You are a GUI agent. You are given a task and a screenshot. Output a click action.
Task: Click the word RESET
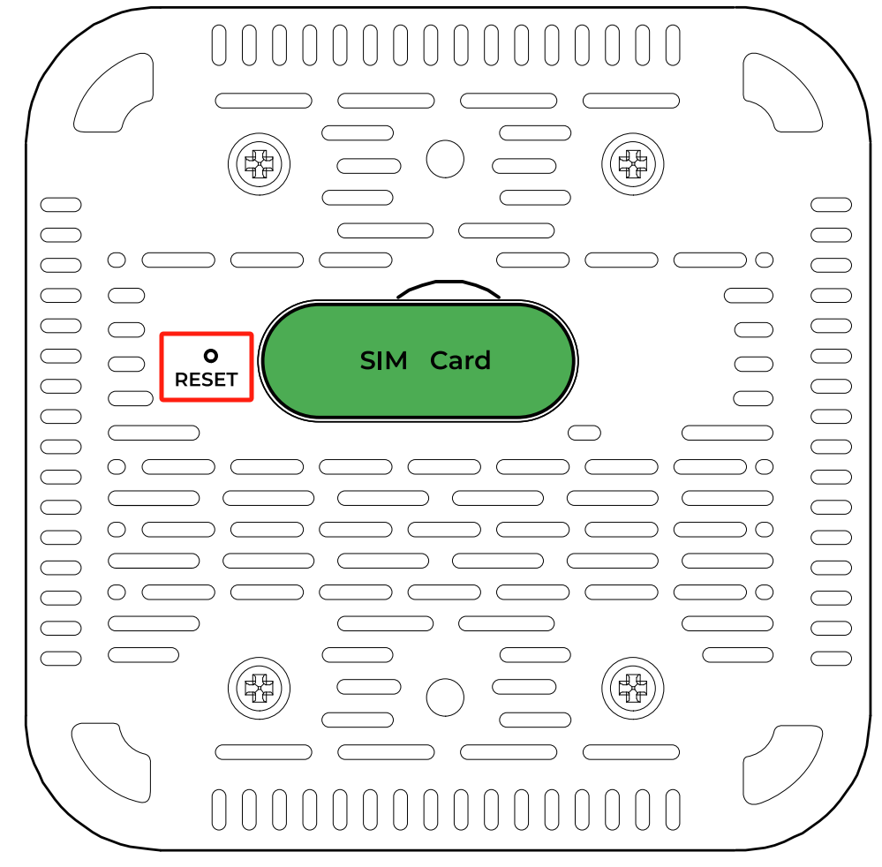206,380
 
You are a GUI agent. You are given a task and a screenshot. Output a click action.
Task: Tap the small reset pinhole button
210,356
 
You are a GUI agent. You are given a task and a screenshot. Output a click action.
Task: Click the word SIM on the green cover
383,360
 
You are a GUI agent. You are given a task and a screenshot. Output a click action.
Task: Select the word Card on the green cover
460,360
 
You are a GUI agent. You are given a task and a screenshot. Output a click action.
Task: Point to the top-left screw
259,162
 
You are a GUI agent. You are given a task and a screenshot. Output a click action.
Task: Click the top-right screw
632,162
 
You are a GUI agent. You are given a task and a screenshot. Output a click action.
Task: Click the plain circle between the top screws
445,159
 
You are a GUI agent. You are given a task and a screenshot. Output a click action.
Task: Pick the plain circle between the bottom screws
445,696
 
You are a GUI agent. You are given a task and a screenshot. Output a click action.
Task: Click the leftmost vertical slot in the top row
219,44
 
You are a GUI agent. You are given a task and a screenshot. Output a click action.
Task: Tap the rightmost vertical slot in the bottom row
673,809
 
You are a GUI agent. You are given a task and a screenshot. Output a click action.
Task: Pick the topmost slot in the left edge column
61,205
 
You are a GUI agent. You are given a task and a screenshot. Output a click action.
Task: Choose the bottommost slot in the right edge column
831,658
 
